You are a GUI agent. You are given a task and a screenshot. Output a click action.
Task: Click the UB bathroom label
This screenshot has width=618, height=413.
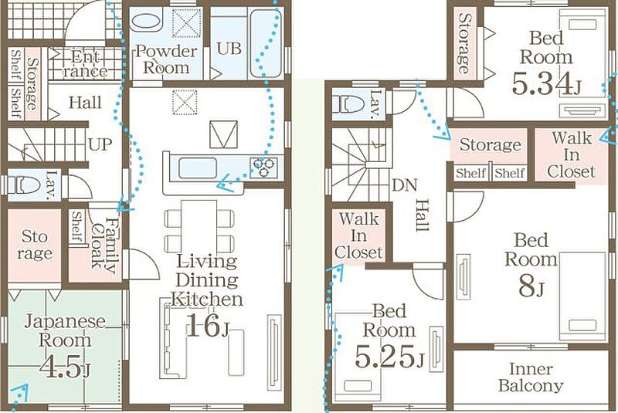(x=229, y=49)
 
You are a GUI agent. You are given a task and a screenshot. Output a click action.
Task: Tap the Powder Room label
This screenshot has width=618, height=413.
(x=166, y=59)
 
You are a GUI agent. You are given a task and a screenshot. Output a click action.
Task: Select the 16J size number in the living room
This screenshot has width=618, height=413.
(x=207, y=325)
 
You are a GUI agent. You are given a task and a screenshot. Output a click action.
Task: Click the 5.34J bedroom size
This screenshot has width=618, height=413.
(x=547, y=84)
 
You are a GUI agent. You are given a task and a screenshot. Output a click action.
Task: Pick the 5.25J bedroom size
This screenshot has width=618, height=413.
(x=389, y=357)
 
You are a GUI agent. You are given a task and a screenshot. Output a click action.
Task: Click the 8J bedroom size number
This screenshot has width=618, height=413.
(x=531, y=286)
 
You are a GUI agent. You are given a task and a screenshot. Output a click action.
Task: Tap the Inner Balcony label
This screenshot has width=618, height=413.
(x=531, y=377)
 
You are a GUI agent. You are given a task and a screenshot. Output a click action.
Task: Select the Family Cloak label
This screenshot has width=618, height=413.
(x=104, y=245)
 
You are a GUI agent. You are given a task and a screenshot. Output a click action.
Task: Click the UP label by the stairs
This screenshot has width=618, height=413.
(x=100, y=144)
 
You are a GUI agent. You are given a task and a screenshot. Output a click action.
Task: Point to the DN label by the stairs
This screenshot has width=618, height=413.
(x=405, y=185)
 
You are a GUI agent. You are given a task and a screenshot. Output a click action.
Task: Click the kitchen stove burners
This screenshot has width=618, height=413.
(x=263, y=168)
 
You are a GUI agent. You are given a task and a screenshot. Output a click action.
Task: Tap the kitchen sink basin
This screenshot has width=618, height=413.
(x=198, y=168)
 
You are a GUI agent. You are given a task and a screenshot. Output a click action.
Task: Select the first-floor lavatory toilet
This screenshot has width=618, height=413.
(x=24, y=184)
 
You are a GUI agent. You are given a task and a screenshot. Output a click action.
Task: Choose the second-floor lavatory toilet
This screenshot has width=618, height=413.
(x=348, y=104)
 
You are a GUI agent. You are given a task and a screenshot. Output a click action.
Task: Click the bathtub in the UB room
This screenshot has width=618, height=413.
(x=266, y=44)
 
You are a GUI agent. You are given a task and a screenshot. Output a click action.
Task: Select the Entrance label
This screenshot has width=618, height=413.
(x=85, y=64)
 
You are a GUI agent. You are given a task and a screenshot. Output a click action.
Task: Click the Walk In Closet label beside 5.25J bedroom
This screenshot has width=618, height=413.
(x=358, y=235)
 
